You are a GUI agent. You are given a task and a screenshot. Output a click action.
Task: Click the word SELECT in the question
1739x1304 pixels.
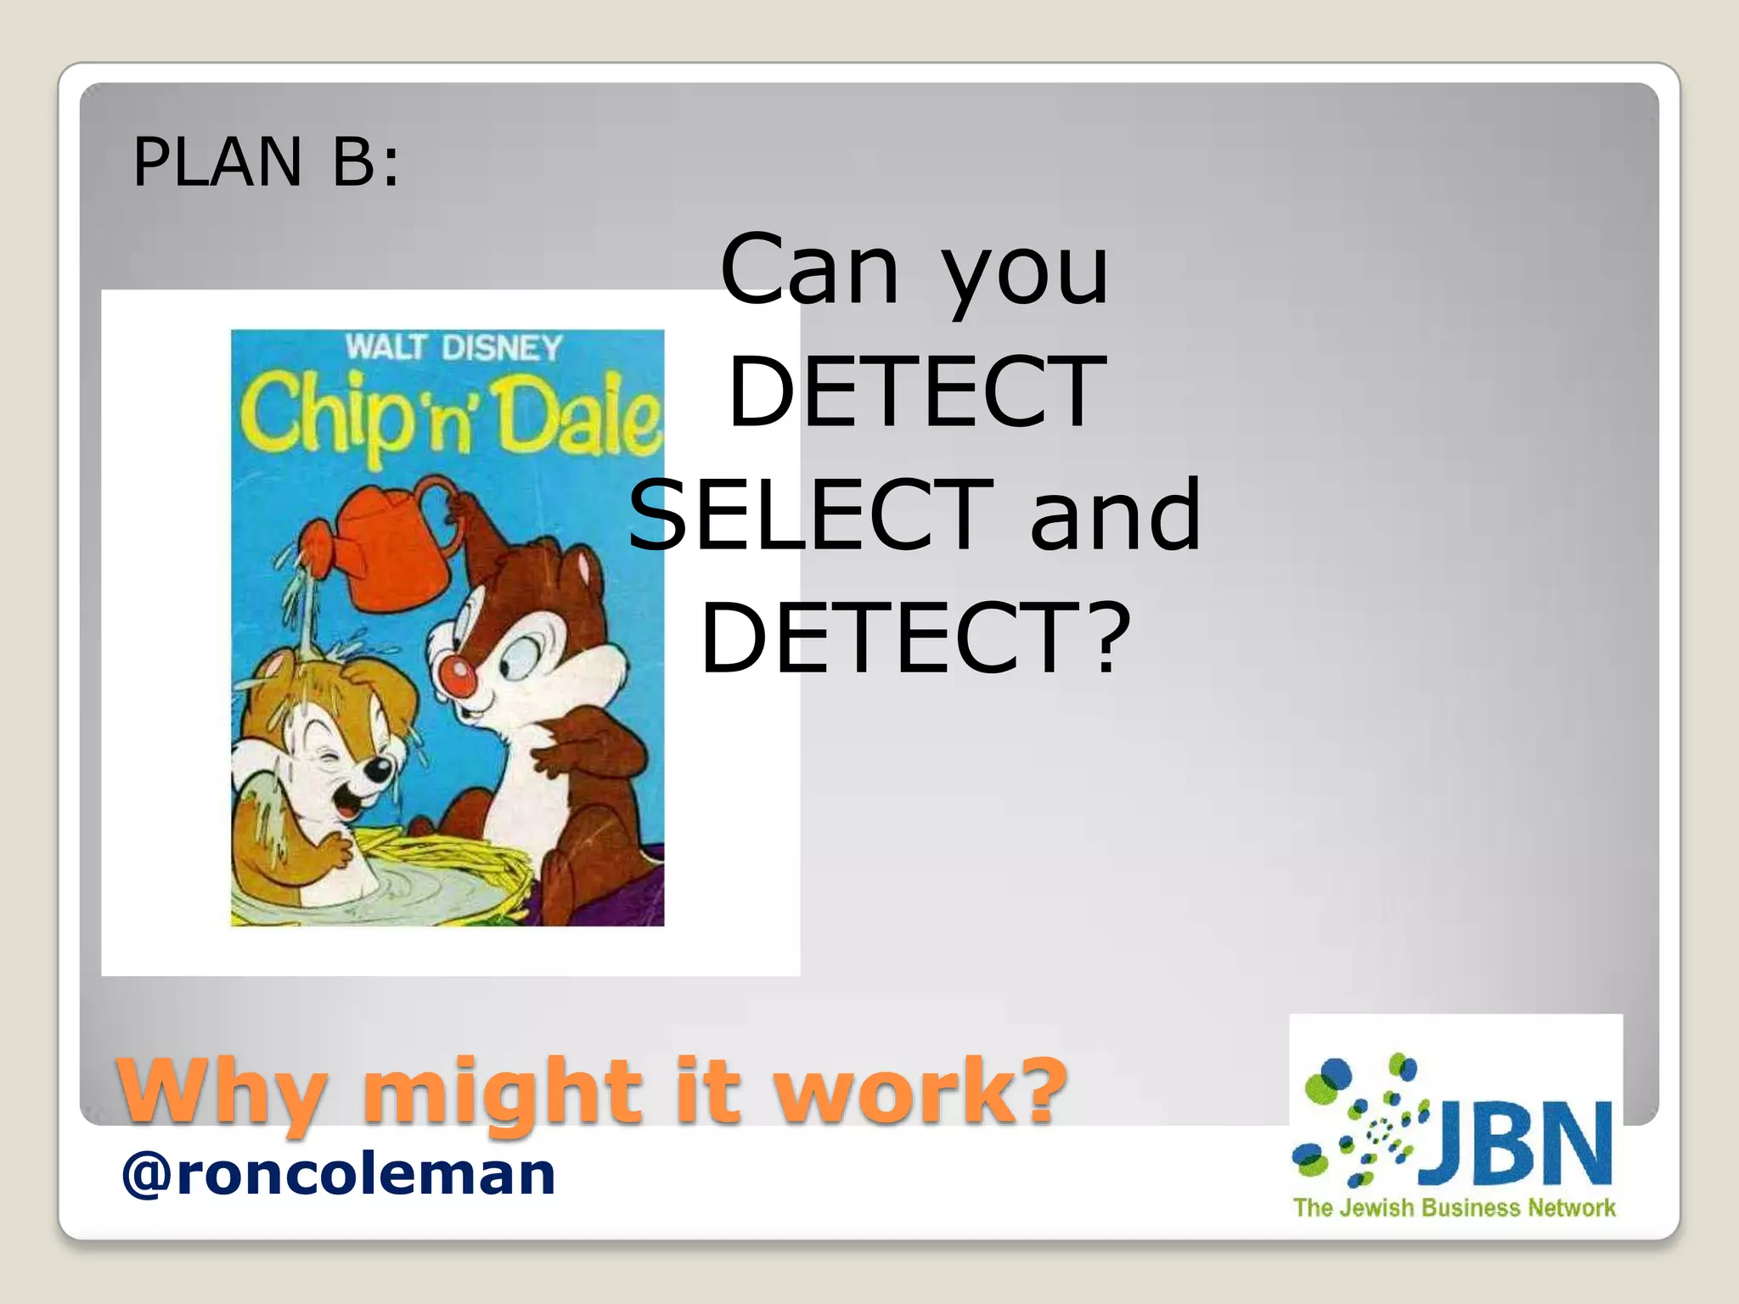coord(811,514)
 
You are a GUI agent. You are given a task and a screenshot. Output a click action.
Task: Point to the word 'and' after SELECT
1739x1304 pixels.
coord(1116,514)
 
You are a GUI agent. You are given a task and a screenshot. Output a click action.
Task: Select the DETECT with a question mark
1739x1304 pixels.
coord(915,638)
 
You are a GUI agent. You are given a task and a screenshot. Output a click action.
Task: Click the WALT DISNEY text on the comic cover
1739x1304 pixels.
coord(453,347)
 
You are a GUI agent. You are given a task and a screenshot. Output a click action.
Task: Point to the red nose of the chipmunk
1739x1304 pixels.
coord(459,674)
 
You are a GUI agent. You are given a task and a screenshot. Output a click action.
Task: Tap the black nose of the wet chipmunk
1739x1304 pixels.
coord(378,771)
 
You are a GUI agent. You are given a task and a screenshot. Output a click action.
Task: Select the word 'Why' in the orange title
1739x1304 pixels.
coord(222,1090)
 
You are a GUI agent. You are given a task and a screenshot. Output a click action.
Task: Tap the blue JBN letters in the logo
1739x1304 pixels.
coord(1516,1142)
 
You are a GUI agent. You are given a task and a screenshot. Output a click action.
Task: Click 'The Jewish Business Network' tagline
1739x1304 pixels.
coord(1454,1207)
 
